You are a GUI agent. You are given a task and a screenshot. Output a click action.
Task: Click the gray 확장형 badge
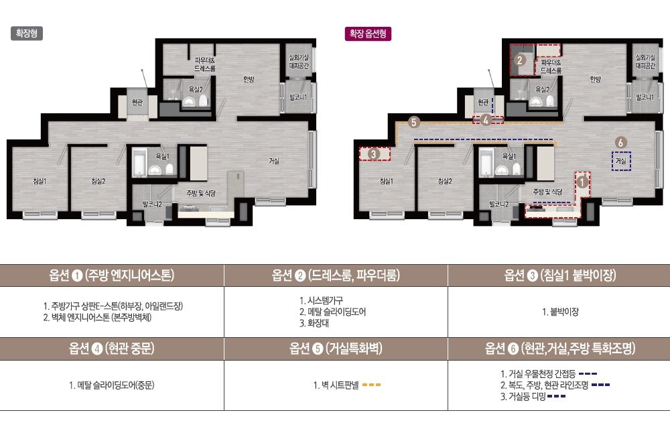27,34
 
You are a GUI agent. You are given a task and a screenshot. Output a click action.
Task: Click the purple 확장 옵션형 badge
368,34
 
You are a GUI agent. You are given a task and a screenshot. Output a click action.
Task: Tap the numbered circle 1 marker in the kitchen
582,182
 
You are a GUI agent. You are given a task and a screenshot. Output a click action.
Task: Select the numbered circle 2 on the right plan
520,60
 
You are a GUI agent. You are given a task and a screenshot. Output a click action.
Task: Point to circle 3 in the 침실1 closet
374,154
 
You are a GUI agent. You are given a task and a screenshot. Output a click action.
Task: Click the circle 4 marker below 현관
485,120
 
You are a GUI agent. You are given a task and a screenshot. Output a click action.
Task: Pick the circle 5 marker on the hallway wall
413,122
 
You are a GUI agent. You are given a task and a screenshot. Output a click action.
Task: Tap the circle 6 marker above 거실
621,142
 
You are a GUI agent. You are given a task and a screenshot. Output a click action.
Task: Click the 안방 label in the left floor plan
249,79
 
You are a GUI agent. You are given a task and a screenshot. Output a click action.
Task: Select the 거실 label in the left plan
274,161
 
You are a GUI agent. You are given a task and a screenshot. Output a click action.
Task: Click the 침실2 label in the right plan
445,181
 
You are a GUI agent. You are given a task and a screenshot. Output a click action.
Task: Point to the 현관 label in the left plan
137,102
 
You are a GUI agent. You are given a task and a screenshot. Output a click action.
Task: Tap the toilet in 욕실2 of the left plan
202,101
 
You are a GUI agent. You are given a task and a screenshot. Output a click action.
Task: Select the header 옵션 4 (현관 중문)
111,349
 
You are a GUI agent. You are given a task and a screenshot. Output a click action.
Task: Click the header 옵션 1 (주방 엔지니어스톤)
111,275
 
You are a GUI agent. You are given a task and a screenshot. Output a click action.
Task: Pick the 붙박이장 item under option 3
560,312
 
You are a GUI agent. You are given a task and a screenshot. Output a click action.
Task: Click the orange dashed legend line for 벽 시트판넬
371,385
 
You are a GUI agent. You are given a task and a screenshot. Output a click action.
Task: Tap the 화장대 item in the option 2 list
314,323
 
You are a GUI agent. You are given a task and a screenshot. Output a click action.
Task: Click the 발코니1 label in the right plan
645,97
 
